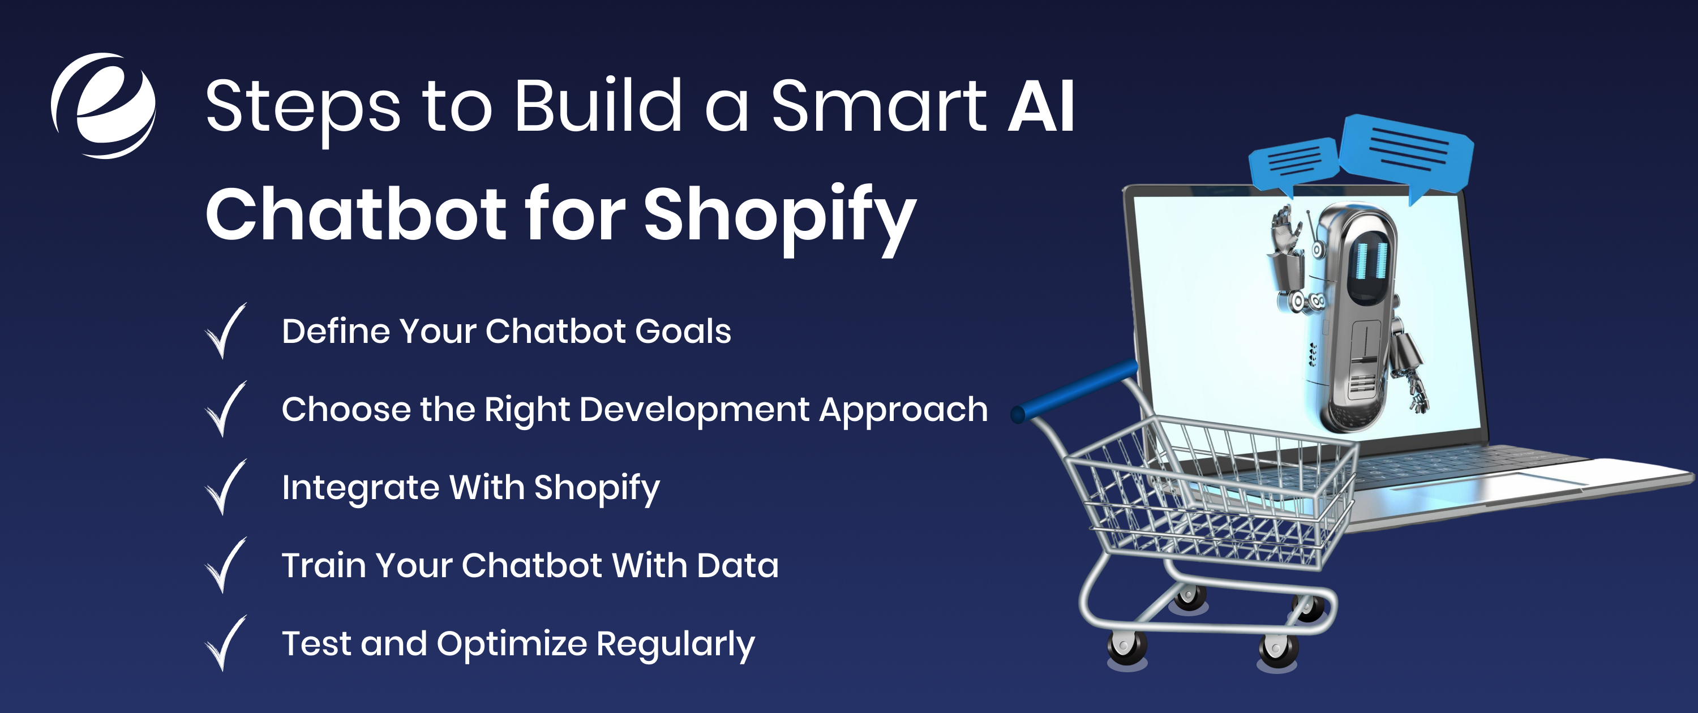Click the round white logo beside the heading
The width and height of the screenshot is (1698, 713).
point(104,105)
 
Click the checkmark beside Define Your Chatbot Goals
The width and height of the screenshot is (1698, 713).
point(225,331)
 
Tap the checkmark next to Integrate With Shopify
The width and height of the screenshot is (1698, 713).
point(225,487)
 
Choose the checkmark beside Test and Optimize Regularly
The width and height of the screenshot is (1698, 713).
point(225,643)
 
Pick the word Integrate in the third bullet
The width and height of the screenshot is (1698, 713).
point(360,488)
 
